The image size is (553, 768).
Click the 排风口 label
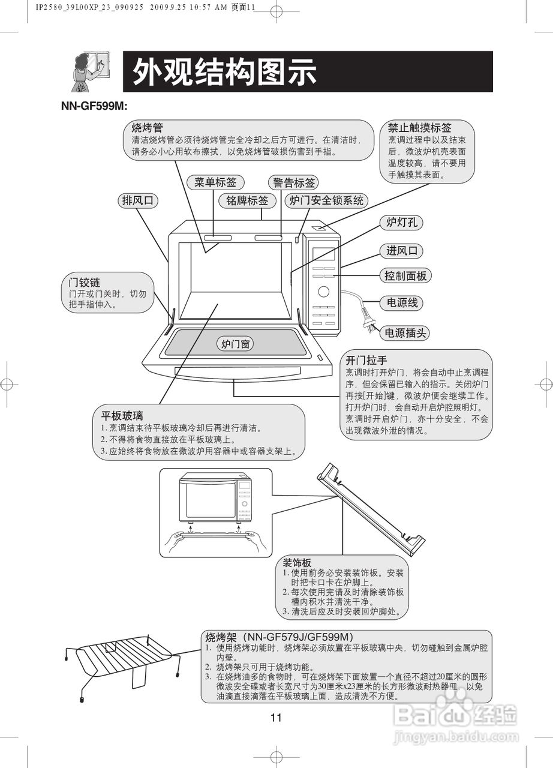137,201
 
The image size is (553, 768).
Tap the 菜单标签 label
215,182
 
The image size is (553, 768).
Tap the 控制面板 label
405,276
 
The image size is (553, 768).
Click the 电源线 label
401,302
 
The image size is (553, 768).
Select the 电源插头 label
405,333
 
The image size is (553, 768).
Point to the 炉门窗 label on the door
236,344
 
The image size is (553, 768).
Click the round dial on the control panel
323,292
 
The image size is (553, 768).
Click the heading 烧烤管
148,128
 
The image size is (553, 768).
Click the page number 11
276,718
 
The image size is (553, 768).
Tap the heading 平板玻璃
122,416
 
